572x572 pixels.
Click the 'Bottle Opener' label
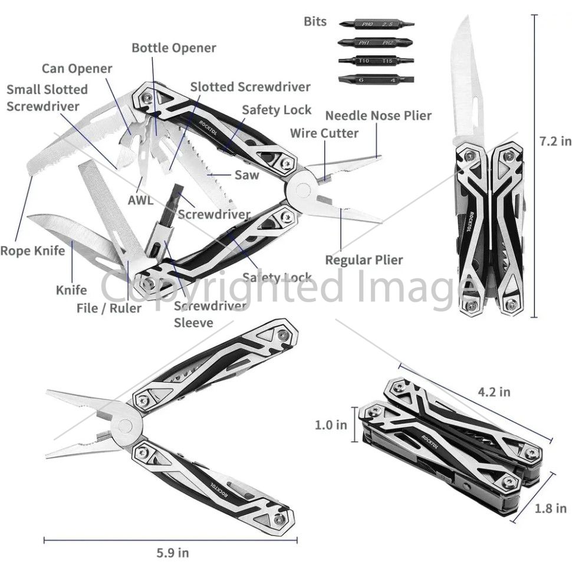click(173, 48)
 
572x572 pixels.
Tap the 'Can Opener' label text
click(77, 69)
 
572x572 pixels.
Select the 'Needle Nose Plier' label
click(379, 116)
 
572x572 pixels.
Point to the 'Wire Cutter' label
click(324, 133)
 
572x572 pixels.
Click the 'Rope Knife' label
click(32, 251)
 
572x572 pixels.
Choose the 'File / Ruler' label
click(109, 308)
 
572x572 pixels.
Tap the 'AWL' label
click(140, 200)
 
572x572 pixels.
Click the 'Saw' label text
click(247, 175)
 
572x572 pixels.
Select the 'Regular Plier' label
click(364, 260)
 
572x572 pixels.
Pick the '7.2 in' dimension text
click(555, 142)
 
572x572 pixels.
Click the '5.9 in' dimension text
click(173, 553)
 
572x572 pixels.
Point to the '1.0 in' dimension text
click(331, 425)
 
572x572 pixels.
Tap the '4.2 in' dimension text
click(494, 392)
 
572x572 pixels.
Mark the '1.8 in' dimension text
click(551, 508)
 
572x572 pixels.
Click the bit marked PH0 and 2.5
click(377, 24)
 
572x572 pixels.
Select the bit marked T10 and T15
click(376, 61)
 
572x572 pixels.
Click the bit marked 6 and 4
click(376, 79)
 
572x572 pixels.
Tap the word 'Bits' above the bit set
click(315, 21)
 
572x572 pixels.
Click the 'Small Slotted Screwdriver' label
click(47, 98)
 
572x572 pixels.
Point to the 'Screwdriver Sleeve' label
click(210, 314)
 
